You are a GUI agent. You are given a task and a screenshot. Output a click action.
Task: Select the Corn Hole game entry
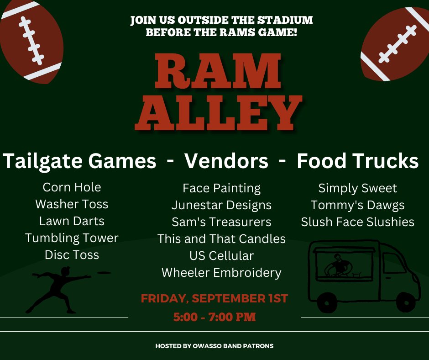pyautogui.click(x=72, y=187)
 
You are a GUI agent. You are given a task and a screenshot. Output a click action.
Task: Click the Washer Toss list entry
pyautogui.click(x=72, y=204)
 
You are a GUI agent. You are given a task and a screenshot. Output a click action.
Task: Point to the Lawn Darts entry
pyautogui.click(x=72, y=221)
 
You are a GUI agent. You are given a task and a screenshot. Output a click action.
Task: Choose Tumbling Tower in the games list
pyautogui.click(x=72, y=238)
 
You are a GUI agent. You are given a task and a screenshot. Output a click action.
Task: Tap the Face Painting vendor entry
pyautogui.click(x=221, y=188)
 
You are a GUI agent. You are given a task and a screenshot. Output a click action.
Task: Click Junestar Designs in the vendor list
pyautogui.click(x=221, y=205)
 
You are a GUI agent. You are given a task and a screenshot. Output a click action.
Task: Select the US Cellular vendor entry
pyautogui.click(x=221, y=255)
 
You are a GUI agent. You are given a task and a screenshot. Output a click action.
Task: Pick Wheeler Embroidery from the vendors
pyautogui.click(x=221, y=273)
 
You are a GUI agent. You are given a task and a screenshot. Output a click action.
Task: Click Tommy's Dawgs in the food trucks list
pyautogui.click(x=357, y=205)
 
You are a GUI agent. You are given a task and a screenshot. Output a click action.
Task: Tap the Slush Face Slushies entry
pyautogui.click(x=357, y=222)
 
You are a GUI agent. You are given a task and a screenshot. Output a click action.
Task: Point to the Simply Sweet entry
pyautogui.click(x=357, y=188)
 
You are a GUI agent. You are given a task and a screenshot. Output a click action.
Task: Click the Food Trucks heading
pyautogui.click(x=357, y=161)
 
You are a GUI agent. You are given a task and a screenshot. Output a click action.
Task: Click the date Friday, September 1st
pyautogui.click(x=214, y=299)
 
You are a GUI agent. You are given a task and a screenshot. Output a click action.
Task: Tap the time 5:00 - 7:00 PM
pyautogui.click(x=214, y=317)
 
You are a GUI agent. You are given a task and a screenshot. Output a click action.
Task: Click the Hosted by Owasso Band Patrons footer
pyautogui.click(x=214, y=346)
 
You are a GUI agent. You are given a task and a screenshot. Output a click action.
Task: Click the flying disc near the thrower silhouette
pyautogui.click(x=105, y=273)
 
